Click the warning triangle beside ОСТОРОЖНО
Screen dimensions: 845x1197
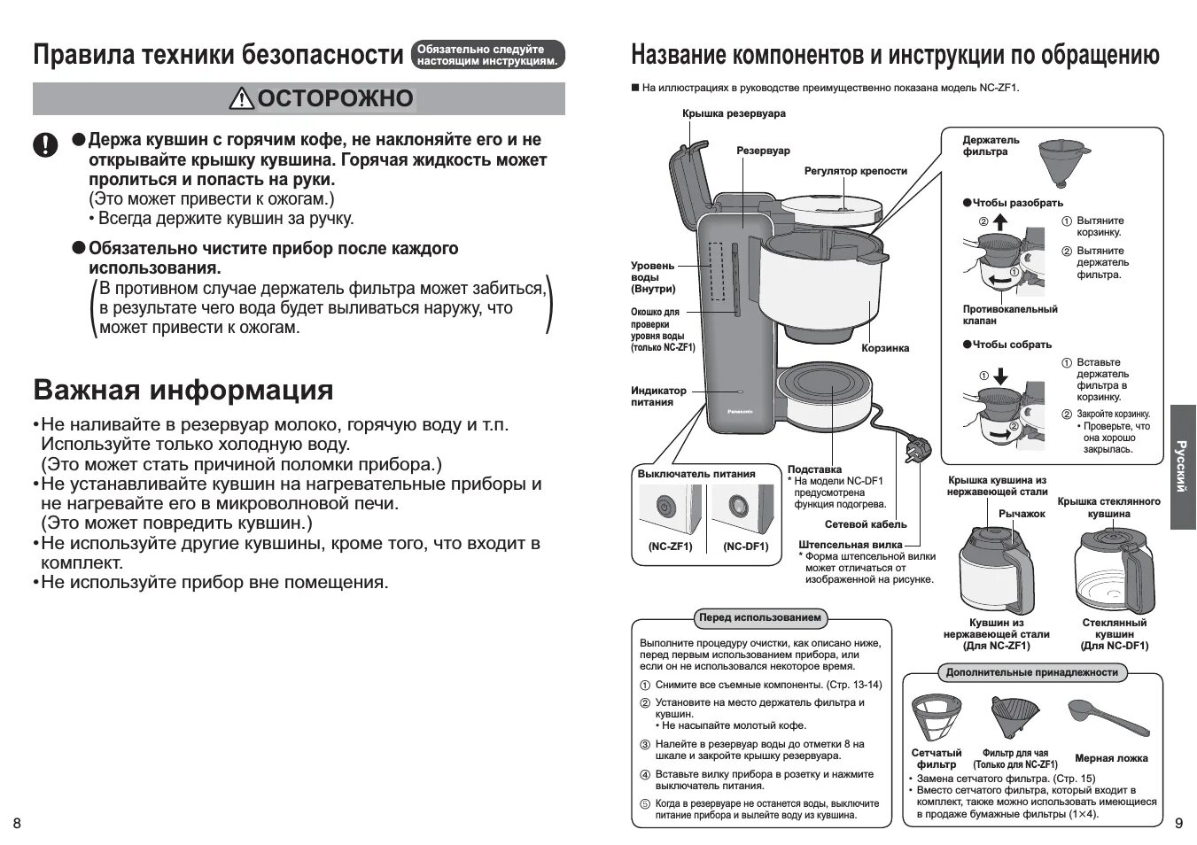click(241, 99)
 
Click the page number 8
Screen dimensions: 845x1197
click(17, 824)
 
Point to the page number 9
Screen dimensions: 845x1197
click(1178, 824)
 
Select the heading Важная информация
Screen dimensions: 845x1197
click(183, 390)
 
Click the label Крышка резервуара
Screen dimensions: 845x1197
click(734, 113)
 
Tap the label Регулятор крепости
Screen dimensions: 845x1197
click(855, 171)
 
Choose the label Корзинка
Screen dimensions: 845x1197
click(885, 348)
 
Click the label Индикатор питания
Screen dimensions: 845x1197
click(658, 396)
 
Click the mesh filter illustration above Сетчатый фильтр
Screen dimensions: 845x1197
click(937, 716)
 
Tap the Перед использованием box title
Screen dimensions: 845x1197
click(759, 617)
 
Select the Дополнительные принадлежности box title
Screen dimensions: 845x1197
click(1031, 672)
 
